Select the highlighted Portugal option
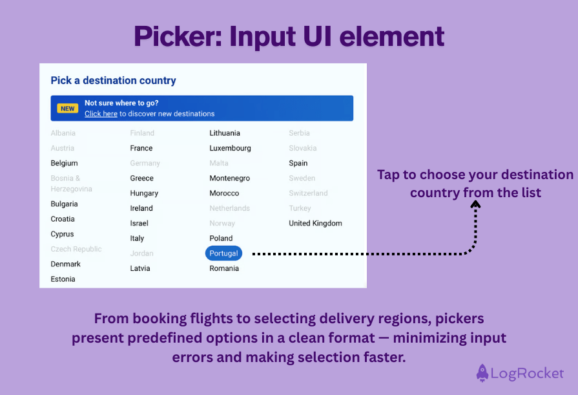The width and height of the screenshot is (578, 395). [x=223, y=253]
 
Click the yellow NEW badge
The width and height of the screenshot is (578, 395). [x=68, y=109]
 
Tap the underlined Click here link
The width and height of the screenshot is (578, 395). [x=101, y=114]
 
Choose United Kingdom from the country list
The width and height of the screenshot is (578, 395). [x=315, y=224]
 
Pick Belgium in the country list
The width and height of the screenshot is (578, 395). [x=64, y=164]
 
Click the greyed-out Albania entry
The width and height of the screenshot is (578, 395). [x=63, y=133]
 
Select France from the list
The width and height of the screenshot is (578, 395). [x=141, y=148]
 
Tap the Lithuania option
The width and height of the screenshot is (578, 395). [x=224, y=133]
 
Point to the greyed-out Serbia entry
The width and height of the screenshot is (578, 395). [x=299, y=133]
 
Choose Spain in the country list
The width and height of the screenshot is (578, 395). [x=298, y=164]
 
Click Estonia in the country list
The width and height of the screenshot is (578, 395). [x=63, y=279]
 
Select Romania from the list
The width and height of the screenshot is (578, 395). [x=223, y=268]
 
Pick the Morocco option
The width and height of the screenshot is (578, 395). [x=223, y=193]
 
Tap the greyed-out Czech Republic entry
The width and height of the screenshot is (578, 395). [x=76, y=250]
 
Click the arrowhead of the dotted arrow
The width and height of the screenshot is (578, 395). [x=475, y=204]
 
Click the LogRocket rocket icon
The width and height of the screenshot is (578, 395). [x=482, y=373]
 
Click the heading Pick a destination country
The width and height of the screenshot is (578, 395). [x=113, y=81]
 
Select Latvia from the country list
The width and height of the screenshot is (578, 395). [x=139, y=268]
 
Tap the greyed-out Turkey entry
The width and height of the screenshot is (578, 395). [x=300, y=208]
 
